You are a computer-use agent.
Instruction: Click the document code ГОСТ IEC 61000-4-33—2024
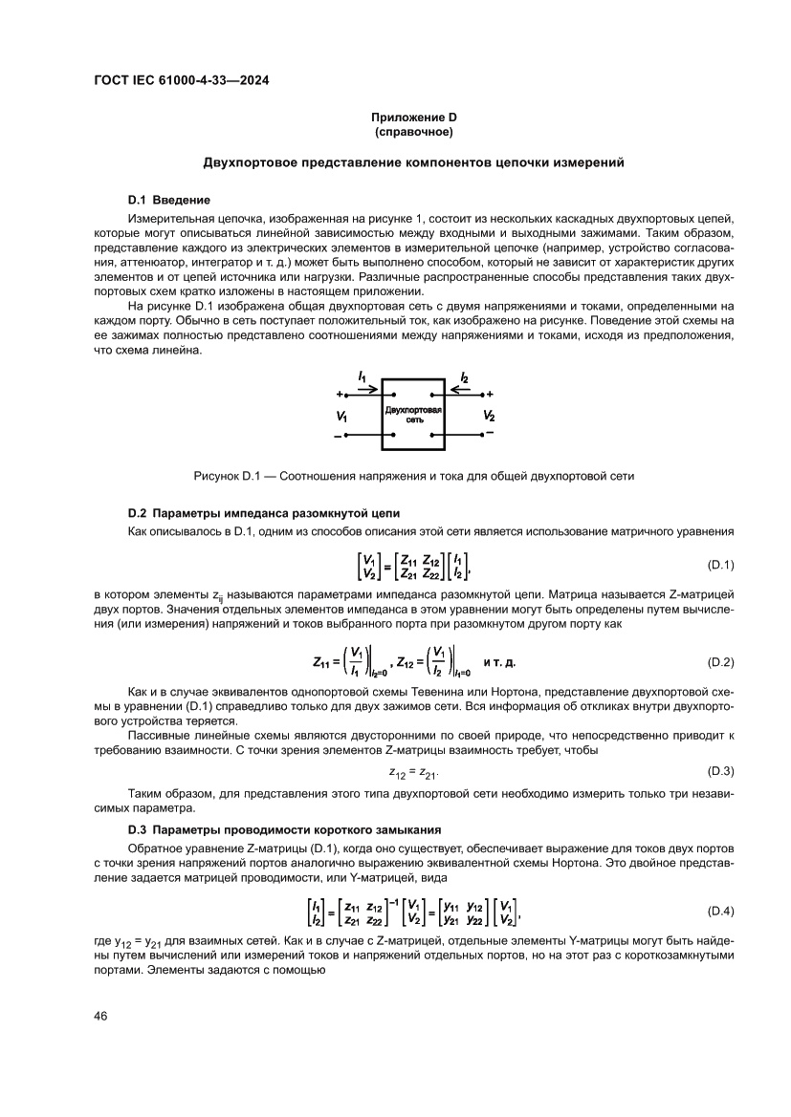(181, 81)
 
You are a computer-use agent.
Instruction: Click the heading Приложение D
(413, 118)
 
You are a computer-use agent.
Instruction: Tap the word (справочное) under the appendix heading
(413, 131)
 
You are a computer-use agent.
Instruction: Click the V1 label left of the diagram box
(342, 417)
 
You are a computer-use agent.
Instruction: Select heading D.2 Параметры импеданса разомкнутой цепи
(263, 512)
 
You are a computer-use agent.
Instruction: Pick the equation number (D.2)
(718, 662)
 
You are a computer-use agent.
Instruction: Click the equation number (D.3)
(718, 770)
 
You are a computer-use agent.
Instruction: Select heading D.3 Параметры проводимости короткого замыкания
(283, 828)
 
